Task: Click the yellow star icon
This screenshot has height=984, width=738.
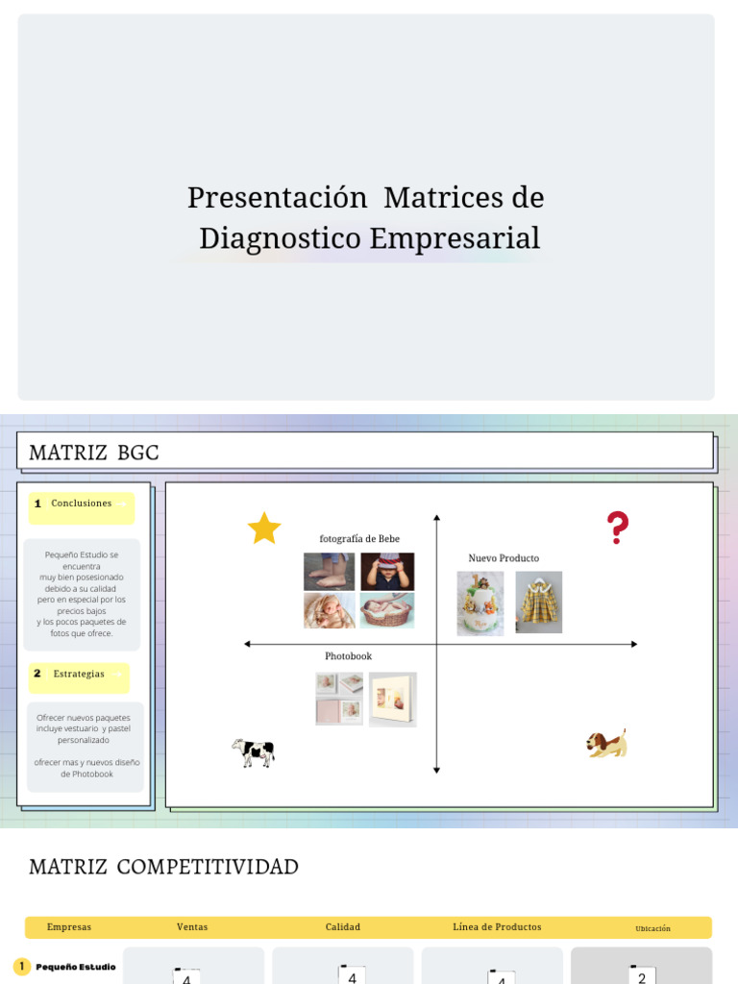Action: (x=264, y=528)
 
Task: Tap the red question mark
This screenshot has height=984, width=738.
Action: (x=617, y=529)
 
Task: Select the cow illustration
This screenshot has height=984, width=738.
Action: (x=254, y=751)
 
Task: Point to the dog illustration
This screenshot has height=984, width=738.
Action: (x=607, y=744)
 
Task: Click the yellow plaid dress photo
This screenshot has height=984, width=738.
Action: (x=538, y=602)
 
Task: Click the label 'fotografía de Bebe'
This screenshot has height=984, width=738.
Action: (x=359, y=539)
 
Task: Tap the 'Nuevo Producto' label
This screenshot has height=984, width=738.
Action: (x=504, y=558)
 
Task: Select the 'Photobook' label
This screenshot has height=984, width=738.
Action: (x=348, y=656)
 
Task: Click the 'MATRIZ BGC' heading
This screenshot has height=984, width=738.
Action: (x=94, y=453)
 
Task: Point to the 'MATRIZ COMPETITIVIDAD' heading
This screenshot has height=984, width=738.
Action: (x=163, y=867)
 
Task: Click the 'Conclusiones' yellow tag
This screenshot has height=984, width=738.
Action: (x=82, y=504)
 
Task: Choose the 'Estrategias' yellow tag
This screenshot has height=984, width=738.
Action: (x=79, y=675)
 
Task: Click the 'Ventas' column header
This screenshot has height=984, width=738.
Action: (x=192, y=927)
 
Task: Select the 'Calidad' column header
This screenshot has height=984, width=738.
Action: (x=343, y=927)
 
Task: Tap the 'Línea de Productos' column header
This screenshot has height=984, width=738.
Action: (x=497, y=927)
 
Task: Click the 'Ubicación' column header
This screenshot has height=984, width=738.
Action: (x=652, y=928)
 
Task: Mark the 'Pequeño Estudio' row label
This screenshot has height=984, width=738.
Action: (x=76, y=967)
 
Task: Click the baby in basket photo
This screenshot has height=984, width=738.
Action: (x=387, y=610)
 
